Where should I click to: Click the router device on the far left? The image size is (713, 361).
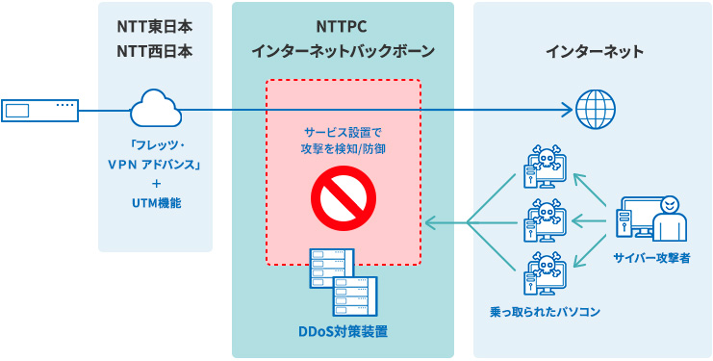point(39,110)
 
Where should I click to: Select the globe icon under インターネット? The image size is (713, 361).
point(594,106)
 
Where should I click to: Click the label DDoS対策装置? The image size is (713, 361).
point(343,332)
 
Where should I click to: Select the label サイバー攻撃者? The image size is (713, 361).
point(651,258)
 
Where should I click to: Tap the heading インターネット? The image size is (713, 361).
point(594,51)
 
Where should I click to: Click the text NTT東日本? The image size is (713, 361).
point(155,27)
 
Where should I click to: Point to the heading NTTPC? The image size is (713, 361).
point(343,27)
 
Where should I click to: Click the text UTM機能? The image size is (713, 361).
point(155,203)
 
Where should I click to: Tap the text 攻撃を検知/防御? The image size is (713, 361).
point(343,148)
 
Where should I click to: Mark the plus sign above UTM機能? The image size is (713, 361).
point(155,183)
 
